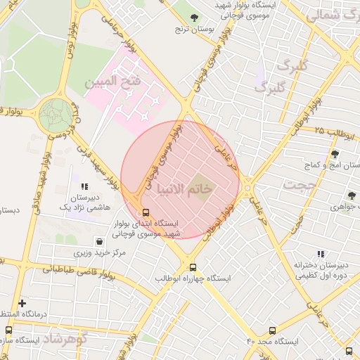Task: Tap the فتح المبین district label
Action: (x=112, y=82)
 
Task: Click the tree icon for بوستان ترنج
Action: (x=195, y=18)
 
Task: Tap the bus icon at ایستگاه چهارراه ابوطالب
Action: (x=193, y=267)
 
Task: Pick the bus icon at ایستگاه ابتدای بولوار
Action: (x=146, y=212)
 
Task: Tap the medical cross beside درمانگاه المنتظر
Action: (x=22, y=303)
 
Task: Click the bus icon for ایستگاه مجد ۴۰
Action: (x=273, y=330)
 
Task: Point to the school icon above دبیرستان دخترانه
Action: (x=321, y=254)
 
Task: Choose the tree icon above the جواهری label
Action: (x=351, y=195)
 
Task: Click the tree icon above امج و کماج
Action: (x=334, y=154)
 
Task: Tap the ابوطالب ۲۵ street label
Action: (x=330, y=130)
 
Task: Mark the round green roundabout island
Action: (x=56, y=115)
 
